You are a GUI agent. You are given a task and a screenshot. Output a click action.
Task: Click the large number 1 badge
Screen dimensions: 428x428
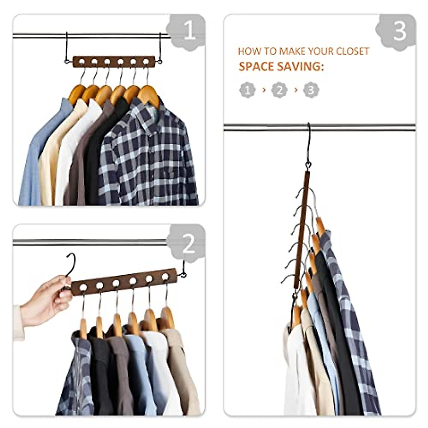click(188, 31)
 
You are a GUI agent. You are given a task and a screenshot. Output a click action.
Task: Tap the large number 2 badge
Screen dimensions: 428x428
click(188, 244)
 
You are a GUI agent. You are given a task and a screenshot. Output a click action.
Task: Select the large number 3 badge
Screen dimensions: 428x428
click(399, 31)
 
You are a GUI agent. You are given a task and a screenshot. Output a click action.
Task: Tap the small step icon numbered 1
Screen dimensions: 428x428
click(248, 90)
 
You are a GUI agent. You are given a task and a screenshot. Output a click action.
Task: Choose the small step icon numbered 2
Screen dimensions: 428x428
click(279, 90)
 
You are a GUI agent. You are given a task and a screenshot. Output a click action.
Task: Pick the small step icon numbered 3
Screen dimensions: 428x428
click(311, 90)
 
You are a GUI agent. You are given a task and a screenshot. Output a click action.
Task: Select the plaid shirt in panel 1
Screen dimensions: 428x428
click(150, 157)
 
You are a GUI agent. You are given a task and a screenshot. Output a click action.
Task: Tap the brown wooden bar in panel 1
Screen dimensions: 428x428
click(114, 62)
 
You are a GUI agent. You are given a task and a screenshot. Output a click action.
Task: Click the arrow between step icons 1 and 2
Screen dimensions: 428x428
click(264, 90)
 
